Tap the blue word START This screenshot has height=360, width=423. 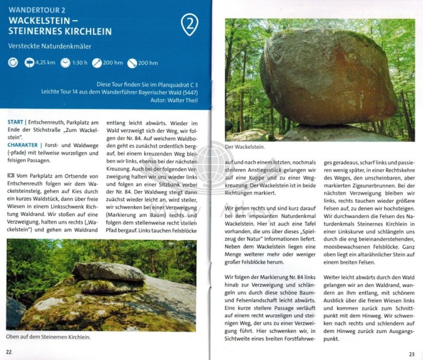pos(16,122)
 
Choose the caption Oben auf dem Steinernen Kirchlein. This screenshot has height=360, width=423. pos(49,337)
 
